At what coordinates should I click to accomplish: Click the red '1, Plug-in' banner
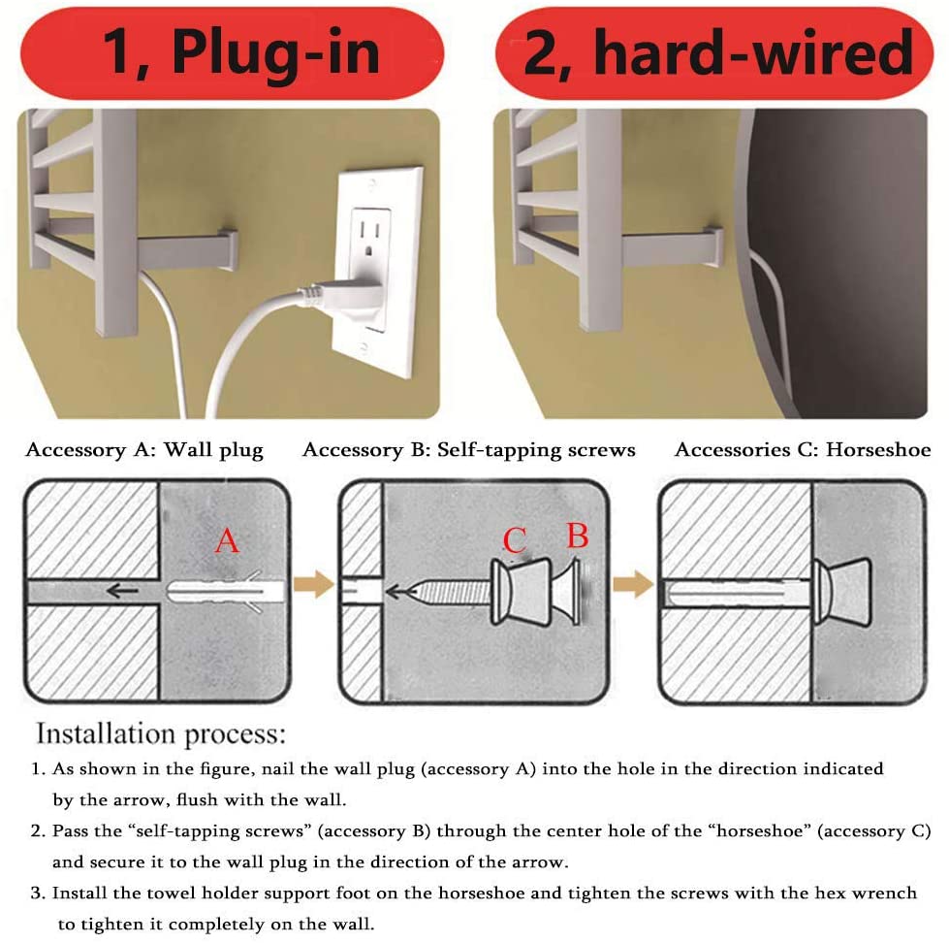(233, 53)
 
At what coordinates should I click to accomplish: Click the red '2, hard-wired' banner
(714, 53)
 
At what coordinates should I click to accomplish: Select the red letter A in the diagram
(227, 540)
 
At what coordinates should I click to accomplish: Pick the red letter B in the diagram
(578, 536)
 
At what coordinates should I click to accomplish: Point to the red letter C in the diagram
(515, 540)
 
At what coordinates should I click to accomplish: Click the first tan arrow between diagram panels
(313, 584)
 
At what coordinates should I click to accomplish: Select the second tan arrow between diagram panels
(633, 584)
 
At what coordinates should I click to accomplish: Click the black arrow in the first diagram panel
(122, 590)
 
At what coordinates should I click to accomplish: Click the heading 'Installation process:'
(160, 733)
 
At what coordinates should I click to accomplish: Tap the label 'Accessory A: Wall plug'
(144, 450)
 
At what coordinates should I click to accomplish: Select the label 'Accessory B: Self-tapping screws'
(469, 450)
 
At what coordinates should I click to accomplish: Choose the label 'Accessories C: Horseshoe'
(803, 450)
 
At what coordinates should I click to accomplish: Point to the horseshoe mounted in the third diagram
(841, 592)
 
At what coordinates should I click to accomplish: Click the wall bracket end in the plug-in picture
(228, 249)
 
